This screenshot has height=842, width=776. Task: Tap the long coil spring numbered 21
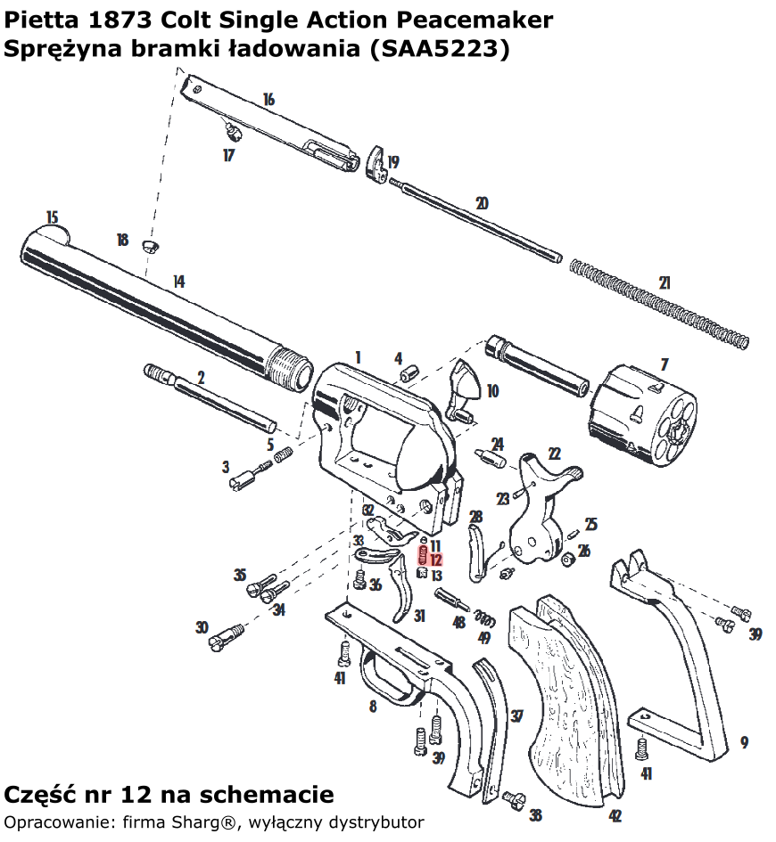click(x=658, y=303)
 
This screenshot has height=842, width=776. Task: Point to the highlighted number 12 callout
click(x=435, y=560)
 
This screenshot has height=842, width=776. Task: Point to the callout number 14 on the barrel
click(x=178, y=282)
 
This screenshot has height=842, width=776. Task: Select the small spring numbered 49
click(x=484, y=617)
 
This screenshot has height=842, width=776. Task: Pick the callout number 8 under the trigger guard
click(x=373, y=707)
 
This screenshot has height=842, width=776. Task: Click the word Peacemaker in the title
click(x=482, y=20)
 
